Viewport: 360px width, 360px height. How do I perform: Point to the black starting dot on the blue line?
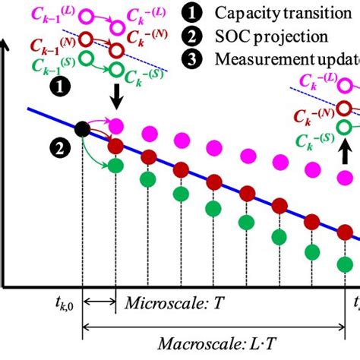click(81, 130)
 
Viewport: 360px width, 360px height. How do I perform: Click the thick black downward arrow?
click(115, 97)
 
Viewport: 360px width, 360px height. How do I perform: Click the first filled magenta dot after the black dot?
click(115, 125)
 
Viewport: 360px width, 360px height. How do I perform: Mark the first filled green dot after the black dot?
click(115, 165)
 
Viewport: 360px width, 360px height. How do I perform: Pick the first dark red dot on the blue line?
click(115, 145)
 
